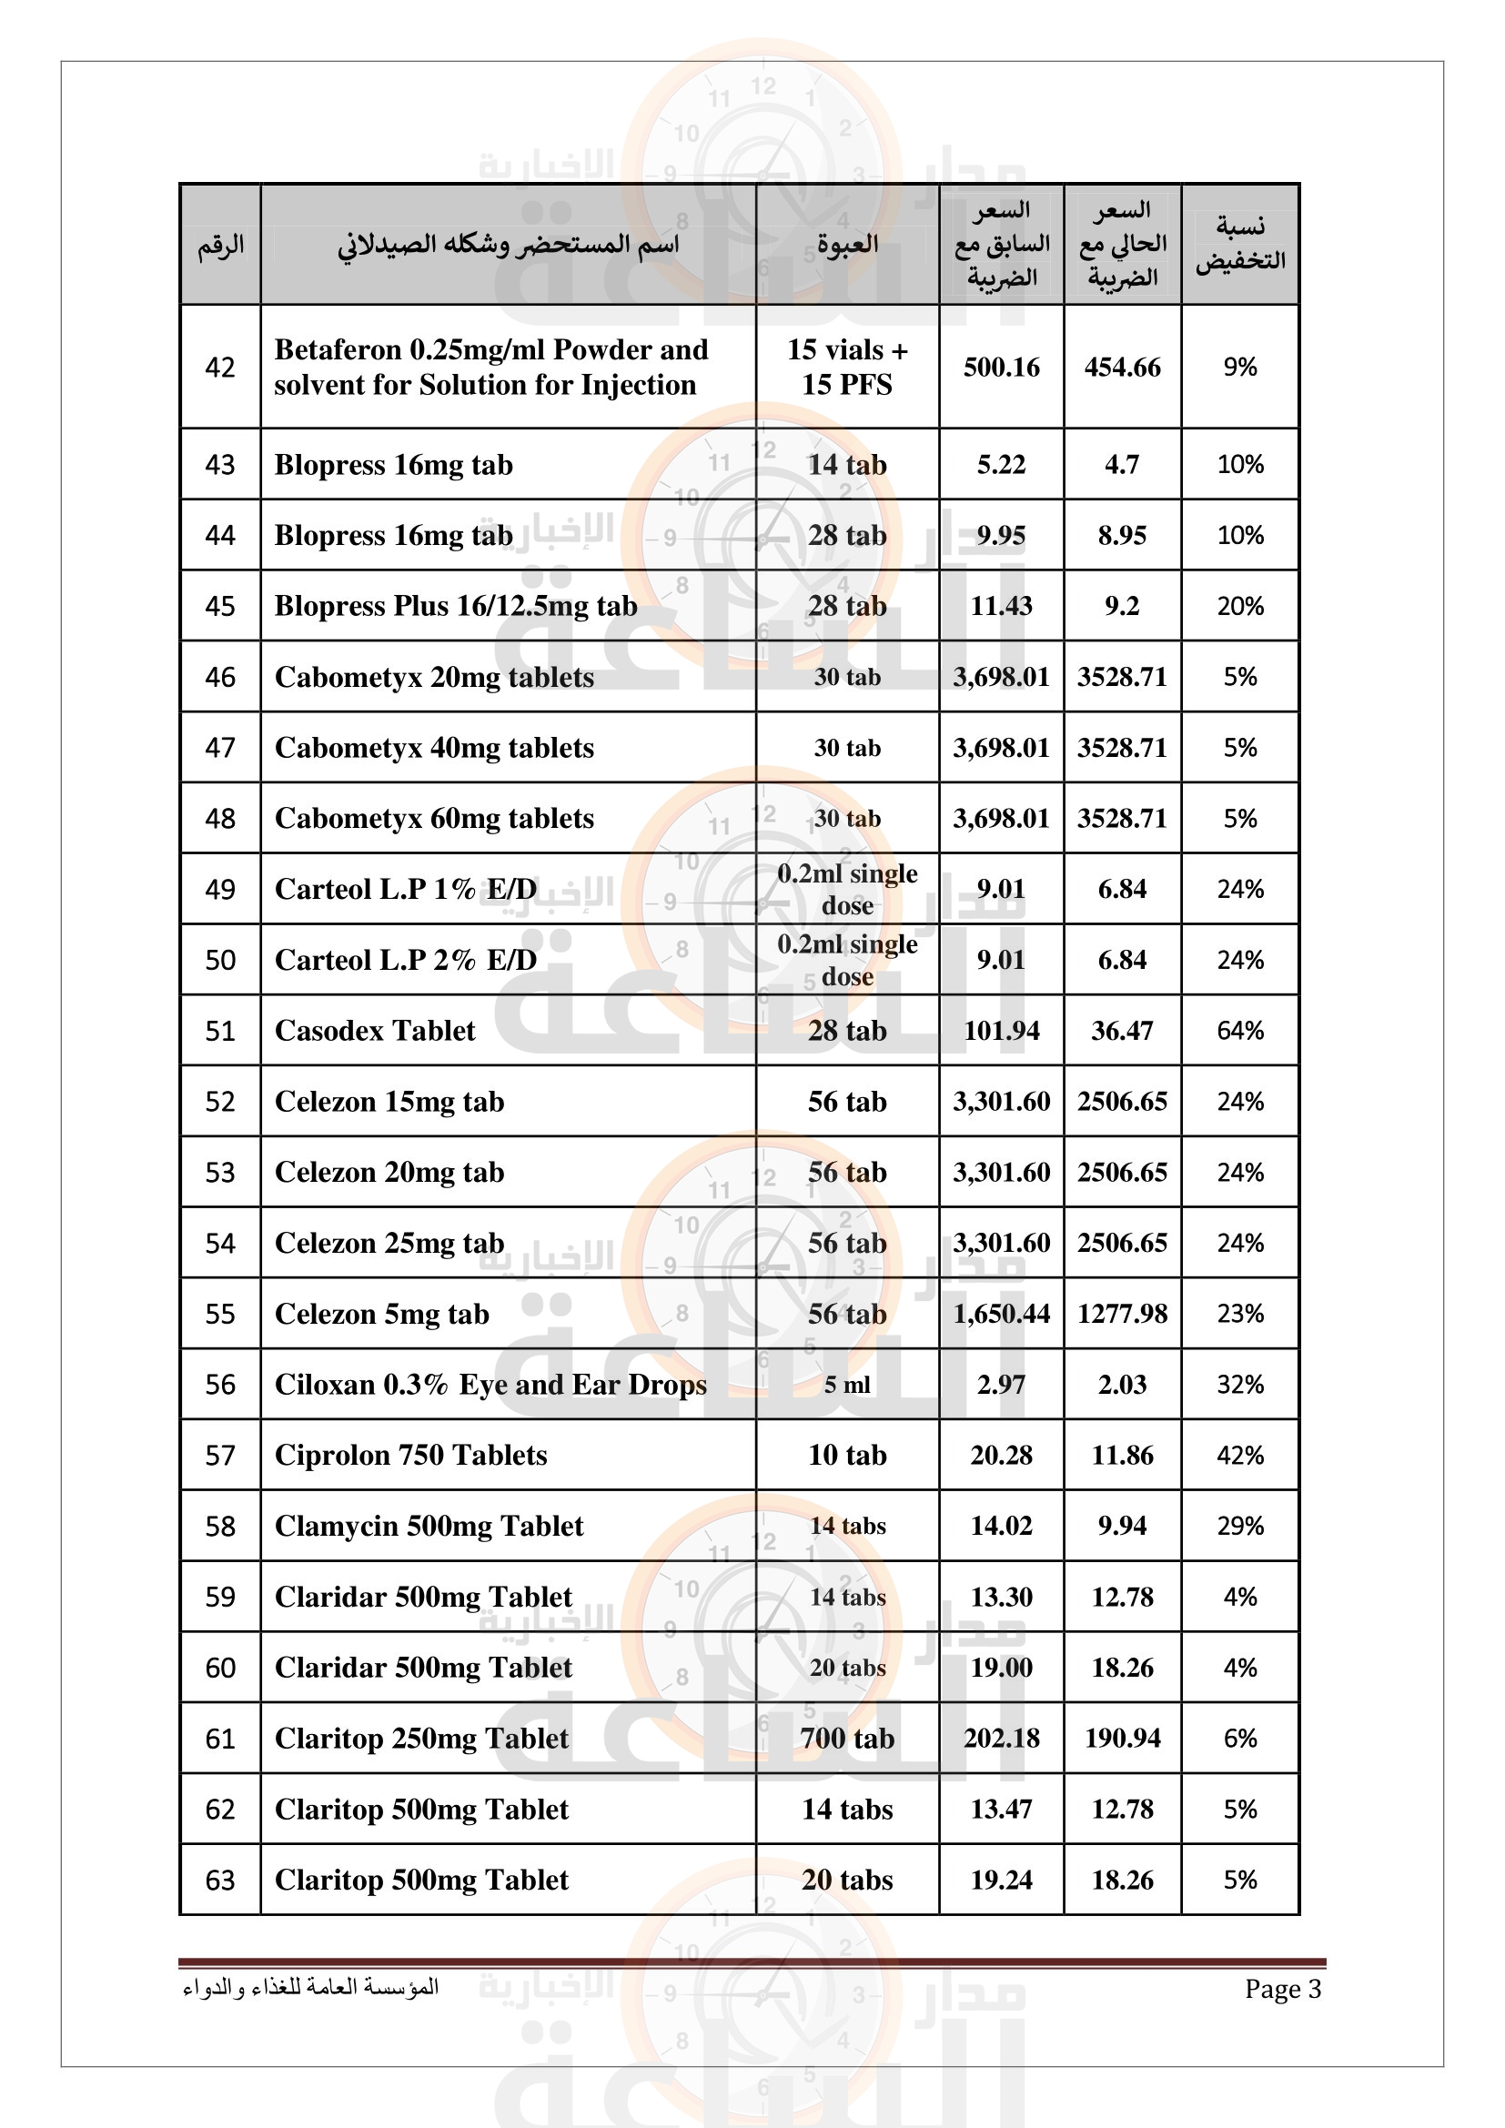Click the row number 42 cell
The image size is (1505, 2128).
point(219,367)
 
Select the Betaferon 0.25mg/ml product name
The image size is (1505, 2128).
point(490,367)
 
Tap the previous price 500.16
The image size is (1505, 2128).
point(1001,367)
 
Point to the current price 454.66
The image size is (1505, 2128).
point(1121,367)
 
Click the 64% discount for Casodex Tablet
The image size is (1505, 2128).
point(1240,1031)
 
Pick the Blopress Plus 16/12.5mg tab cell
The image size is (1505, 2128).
point(456,606)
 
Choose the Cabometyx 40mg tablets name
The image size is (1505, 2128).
point(434,748)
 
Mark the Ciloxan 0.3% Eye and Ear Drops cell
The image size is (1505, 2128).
point(490,1385)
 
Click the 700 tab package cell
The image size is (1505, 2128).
point(847,1739)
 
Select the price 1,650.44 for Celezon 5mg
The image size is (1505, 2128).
point(1001,1315)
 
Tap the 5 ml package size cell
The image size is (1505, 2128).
point(847,1385)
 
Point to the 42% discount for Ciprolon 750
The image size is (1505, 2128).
point(1240,1455)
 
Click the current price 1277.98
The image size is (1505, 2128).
point(1121,1315)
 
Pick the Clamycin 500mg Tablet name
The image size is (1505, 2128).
point(429,1527)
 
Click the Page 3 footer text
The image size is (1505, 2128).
point(1283,1989)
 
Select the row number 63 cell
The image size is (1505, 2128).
point(219,1881)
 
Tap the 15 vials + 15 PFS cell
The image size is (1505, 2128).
point(847,367)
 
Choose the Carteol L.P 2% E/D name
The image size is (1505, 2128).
point(406,960)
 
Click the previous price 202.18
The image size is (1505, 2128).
point(1001,1739)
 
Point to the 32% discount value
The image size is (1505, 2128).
point(1240,1385)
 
